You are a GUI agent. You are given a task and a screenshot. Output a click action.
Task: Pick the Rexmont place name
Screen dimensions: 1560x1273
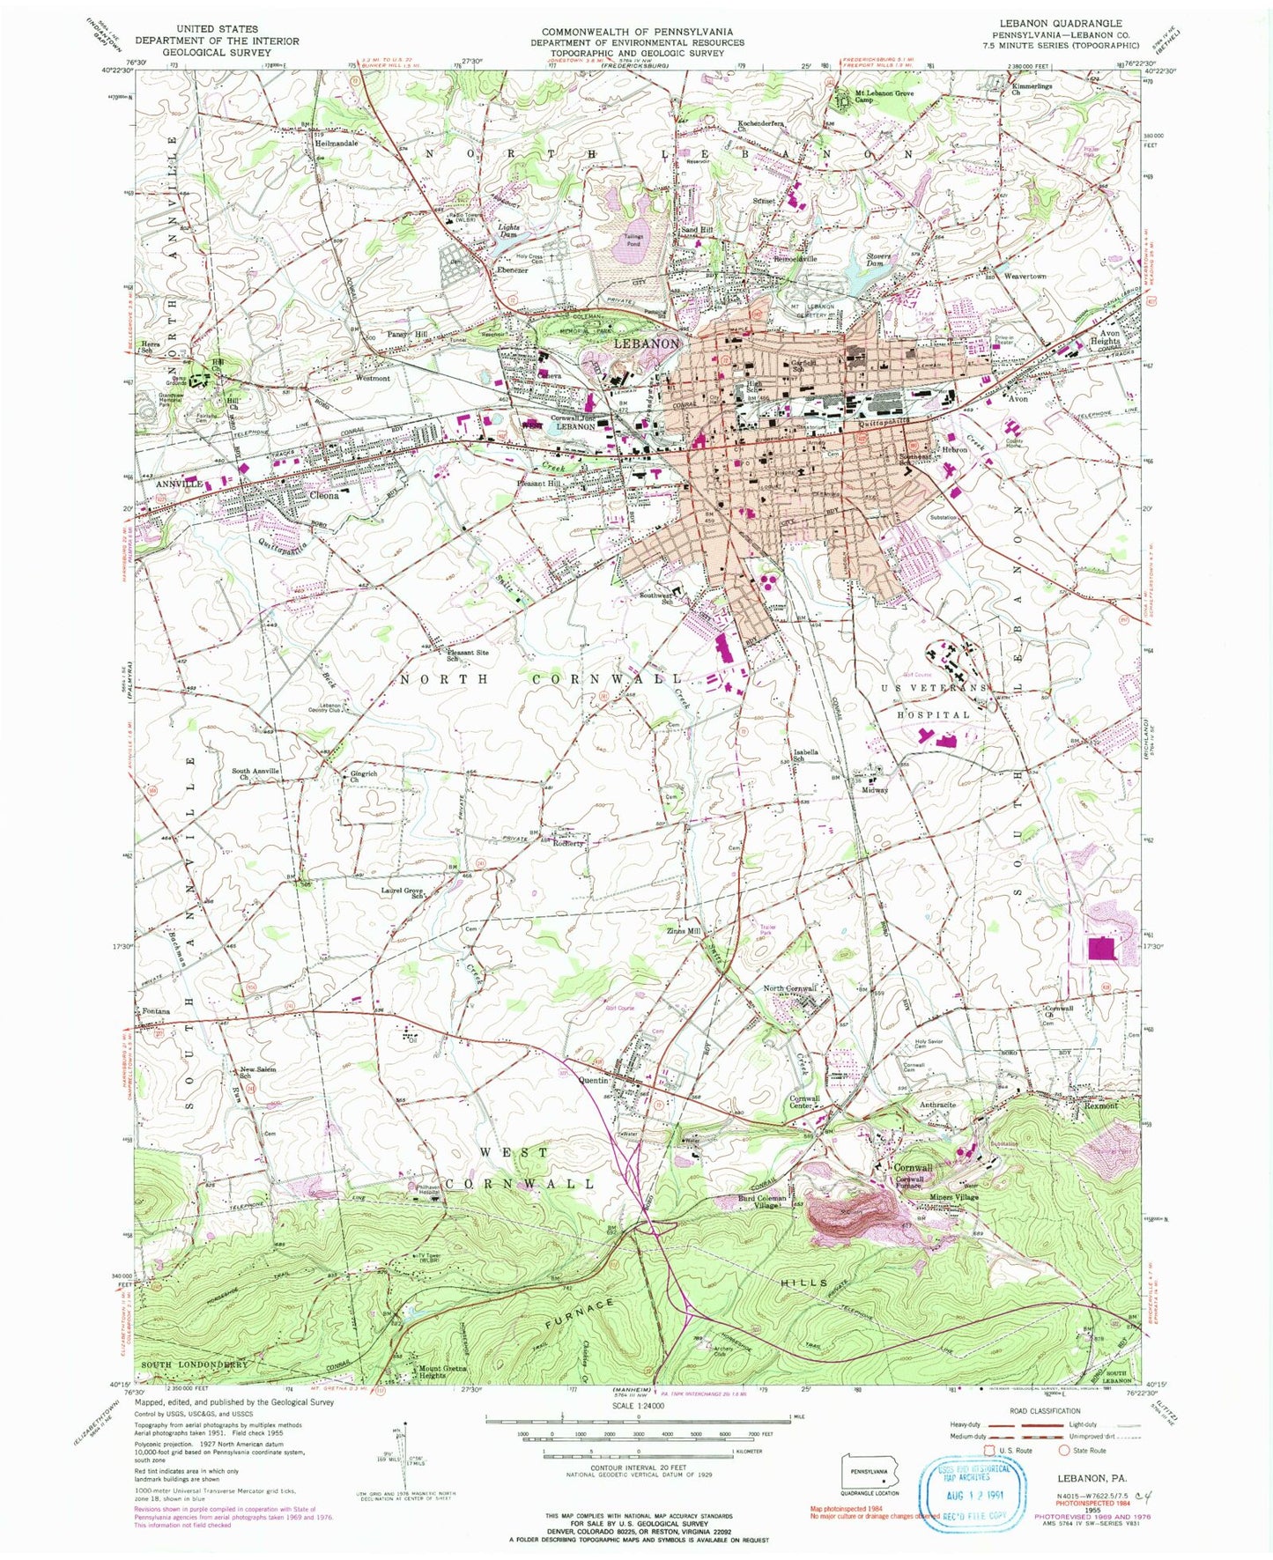click(x=1100, y=1105)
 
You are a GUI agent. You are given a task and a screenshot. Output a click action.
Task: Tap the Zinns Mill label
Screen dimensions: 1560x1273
click(x=683, y=931)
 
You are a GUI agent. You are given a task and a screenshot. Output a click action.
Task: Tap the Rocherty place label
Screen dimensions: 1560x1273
click(x=568, y=843)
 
